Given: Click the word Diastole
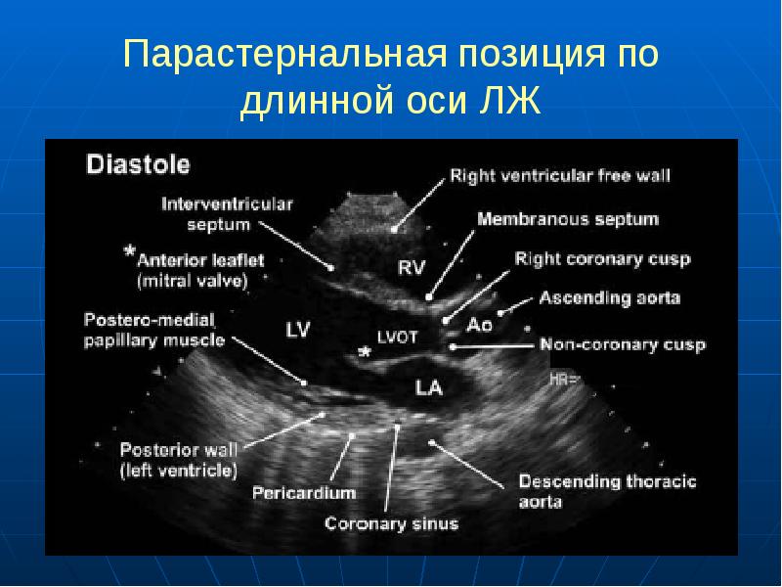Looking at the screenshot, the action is click(x=138, y=163).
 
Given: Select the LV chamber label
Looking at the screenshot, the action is click(x=297, y=330).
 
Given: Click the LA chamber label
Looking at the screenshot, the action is click(x=429, y=387).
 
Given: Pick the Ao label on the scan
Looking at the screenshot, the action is click(x=480, y=324).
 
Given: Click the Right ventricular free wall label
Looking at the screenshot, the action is click(x=560, y=177).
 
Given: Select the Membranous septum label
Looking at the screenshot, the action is click(x=567, y=218).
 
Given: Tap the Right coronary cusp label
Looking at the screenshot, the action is click(x=602, y=259).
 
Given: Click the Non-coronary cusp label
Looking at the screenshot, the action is click(x=623, y=344).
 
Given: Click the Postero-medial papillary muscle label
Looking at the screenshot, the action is click(x=154, y=330).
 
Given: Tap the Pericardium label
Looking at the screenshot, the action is click(x=303, y=492).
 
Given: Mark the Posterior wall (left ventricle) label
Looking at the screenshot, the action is click(x=177, y=460).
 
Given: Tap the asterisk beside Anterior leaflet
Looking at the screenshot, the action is click(x=128, y=251).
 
